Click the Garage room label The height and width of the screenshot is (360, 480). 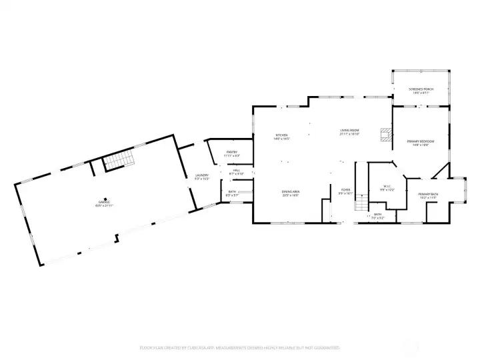pyautogui.click(x=104, y=201)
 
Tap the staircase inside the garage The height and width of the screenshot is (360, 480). pyautogui.click(x=118, y=161)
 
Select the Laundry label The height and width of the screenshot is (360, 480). pyautogui.click(x=202, y=175)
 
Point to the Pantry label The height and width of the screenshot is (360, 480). pyautogui.click(x=231, y=152)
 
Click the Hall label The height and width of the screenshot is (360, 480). pyautogui.click(x=236, y=170)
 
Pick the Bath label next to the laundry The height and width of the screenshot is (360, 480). pyautogui.click(x=232, y=191)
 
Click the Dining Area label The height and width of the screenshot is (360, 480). pyautogui.click(x=289, y=192)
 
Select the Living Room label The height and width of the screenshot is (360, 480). pyautogui.click(x=350, y=130)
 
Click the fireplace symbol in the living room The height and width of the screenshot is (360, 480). pyautogui.click(x=385, y=134)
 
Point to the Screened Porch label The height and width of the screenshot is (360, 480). pyautogui.click(x=421, y=89)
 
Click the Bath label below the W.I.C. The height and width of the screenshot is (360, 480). pyautogui.click(x=377, y=214)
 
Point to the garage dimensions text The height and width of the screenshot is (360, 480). pyautogui.click(x=104, y=204)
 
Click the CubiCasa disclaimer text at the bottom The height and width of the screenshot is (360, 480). pyautogui.click(x=240, y=347)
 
